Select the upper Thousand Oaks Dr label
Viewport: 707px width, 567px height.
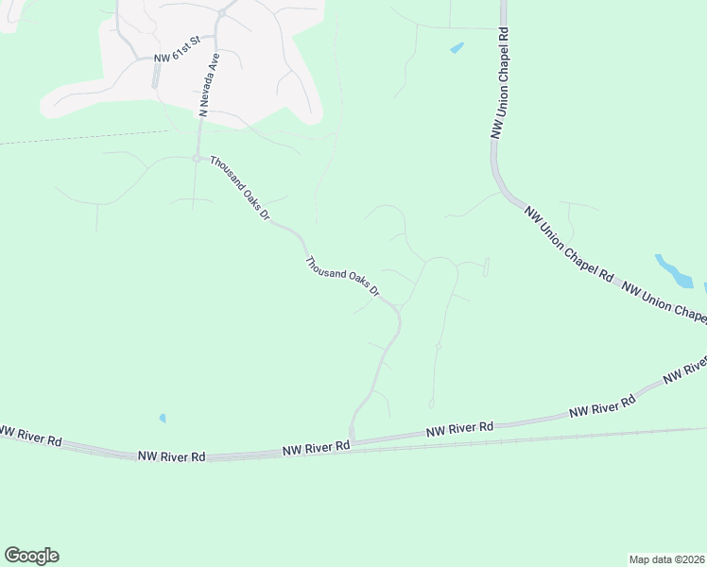point(240,188)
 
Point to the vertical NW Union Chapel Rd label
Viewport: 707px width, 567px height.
point(500,83)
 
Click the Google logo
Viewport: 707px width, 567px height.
point(31,556)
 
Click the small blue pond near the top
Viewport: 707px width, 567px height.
point(457,47)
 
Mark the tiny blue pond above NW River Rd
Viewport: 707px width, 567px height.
point(163,418)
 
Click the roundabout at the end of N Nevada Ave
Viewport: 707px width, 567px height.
point(198,158)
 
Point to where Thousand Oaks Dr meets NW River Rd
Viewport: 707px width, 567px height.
point(352,440)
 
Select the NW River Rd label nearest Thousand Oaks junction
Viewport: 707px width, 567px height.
point(317,449)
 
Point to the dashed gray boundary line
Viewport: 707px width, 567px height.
point(85,137)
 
